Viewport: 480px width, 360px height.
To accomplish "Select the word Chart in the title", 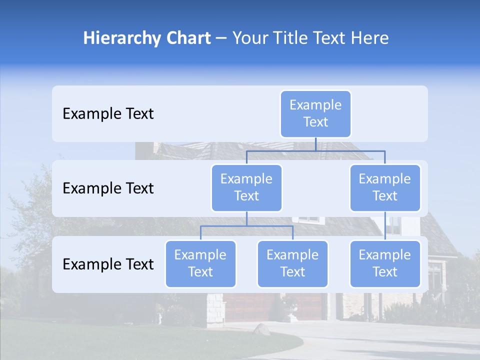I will [x=187, y=38].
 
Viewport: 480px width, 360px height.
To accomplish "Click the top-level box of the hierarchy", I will [x=315, y=114].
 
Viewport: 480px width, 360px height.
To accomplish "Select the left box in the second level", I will [x=246, y=188].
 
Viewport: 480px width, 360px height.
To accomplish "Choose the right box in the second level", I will [x=385, y=188].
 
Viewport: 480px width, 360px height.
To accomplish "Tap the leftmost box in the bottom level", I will [x=200, y=264].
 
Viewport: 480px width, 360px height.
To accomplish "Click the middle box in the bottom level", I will [x=292, y=264].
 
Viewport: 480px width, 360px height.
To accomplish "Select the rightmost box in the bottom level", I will [x=385, y=264].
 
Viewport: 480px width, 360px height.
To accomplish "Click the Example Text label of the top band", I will [x=108, y=114].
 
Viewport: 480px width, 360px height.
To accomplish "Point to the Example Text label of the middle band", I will [x=108, y=188].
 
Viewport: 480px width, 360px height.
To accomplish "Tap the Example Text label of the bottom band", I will [x=108, y=264].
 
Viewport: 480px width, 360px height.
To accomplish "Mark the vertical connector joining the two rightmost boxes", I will [x=385, y=226].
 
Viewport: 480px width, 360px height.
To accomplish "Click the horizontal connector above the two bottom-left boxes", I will [x=246, y=226].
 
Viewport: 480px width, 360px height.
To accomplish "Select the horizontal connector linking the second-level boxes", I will [x=315, y=150].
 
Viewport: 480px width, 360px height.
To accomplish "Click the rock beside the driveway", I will [x=261, y=329].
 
